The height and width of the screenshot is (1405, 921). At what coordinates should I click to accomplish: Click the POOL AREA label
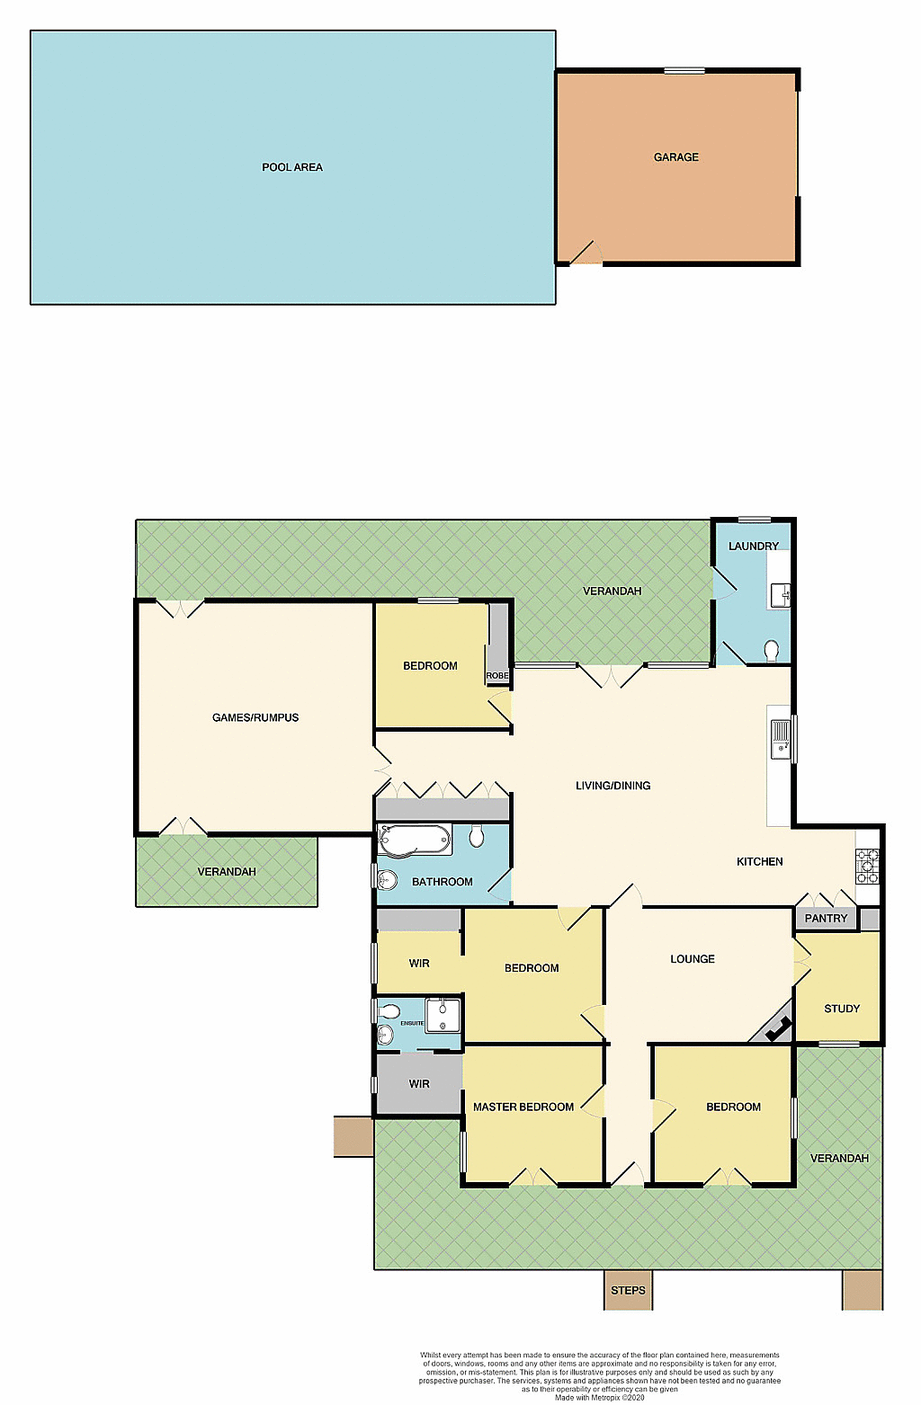(291, 167)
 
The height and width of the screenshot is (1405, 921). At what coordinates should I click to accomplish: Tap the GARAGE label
(675, 157)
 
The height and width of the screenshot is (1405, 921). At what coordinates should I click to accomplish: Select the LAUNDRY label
(753, 547)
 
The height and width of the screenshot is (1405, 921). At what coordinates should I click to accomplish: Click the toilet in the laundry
(772, 650)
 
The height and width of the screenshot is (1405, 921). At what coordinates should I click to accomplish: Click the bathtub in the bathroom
(415, 840)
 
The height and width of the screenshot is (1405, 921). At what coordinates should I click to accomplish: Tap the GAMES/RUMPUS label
(255, 717)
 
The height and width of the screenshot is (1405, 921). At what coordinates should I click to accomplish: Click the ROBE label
(497, 676)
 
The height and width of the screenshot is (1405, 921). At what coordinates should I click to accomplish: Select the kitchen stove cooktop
(867, 866)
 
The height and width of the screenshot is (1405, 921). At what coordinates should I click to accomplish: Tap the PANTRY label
(826, 919)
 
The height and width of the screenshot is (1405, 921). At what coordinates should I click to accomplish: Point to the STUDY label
(842, 1009)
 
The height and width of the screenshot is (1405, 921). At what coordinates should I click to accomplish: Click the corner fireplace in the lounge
(775, 1027)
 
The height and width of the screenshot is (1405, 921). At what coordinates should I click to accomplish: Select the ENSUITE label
(412, 1023)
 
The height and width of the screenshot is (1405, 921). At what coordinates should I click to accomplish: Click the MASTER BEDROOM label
(523, 1107)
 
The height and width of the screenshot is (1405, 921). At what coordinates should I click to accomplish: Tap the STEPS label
(628, 1291)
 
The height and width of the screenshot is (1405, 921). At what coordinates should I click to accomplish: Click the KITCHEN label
(759, 862)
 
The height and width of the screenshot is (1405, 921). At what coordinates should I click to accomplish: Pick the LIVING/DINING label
(613, 786)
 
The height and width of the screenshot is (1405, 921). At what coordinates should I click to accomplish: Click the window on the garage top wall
(684, 70)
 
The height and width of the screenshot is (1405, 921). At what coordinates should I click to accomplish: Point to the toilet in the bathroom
(477, 837)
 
